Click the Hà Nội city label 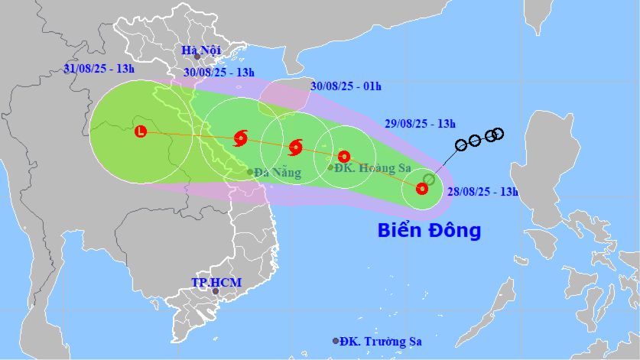tap(200, 50)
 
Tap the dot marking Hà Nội tap(197, 56)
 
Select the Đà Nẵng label tap(278, 173)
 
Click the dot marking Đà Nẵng tap(250, 172)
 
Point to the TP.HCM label tap(216, 283)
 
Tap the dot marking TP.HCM tap(216, 291)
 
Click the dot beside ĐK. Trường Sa tap(336, 341)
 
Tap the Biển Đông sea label tap(429, 230)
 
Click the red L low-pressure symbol tap(141, 131)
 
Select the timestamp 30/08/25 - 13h tap(219, 72)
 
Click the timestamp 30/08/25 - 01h tap(346, 86)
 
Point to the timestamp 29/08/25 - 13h tap(421, 123)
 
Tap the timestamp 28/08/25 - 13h tap(484, 191)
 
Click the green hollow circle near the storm tap(429, 180)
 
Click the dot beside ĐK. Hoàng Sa tap(330, 167)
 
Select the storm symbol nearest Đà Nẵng tap(241, 138)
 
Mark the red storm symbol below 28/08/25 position tap(421, 188)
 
